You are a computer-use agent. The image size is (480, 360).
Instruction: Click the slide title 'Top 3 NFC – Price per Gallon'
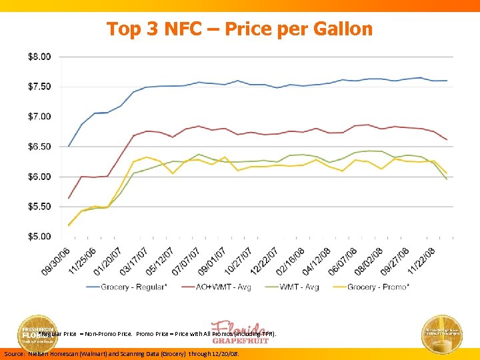pyautogui.click(x=240, y=29)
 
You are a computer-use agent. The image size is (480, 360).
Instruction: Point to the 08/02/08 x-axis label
pyautogui.click(x=369, y=261)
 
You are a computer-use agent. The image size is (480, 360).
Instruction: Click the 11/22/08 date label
pyautogui.click(x=421, y=261)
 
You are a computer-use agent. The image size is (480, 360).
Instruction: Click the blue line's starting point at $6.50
pyautogui.click(x=69, y=146)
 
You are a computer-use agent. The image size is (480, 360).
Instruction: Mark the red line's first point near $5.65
pyautogui.click(x=69, y=198)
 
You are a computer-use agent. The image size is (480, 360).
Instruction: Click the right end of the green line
pyautogui.click(x=447, y=179)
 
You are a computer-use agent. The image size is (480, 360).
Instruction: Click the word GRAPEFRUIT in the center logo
pyautogui.click(x=240, y=340)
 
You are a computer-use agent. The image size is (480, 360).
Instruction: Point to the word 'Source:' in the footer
pyautogui.click(x=15, y=354)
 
